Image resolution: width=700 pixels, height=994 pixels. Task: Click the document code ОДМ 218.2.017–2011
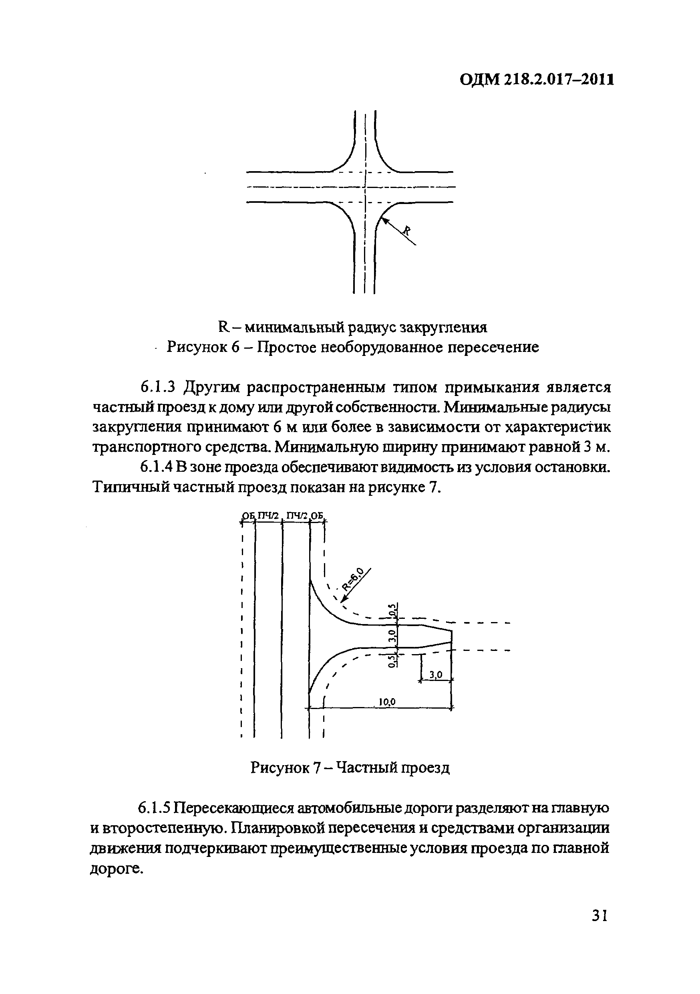point(537,79)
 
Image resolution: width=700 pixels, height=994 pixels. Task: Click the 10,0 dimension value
point(387,702)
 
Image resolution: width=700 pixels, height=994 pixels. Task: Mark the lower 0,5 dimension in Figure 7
point(392,660)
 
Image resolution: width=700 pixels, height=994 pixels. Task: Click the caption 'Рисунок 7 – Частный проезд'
point(350,768)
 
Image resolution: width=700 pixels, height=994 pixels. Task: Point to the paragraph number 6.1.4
point(157,467)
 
